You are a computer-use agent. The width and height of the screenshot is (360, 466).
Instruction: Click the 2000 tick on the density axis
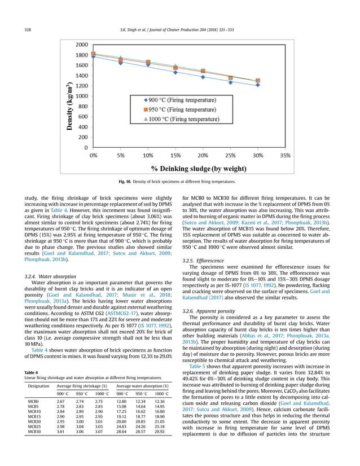(x=78, y=44)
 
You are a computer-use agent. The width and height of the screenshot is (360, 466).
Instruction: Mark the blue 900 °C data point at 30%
(x=257, y=85)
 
